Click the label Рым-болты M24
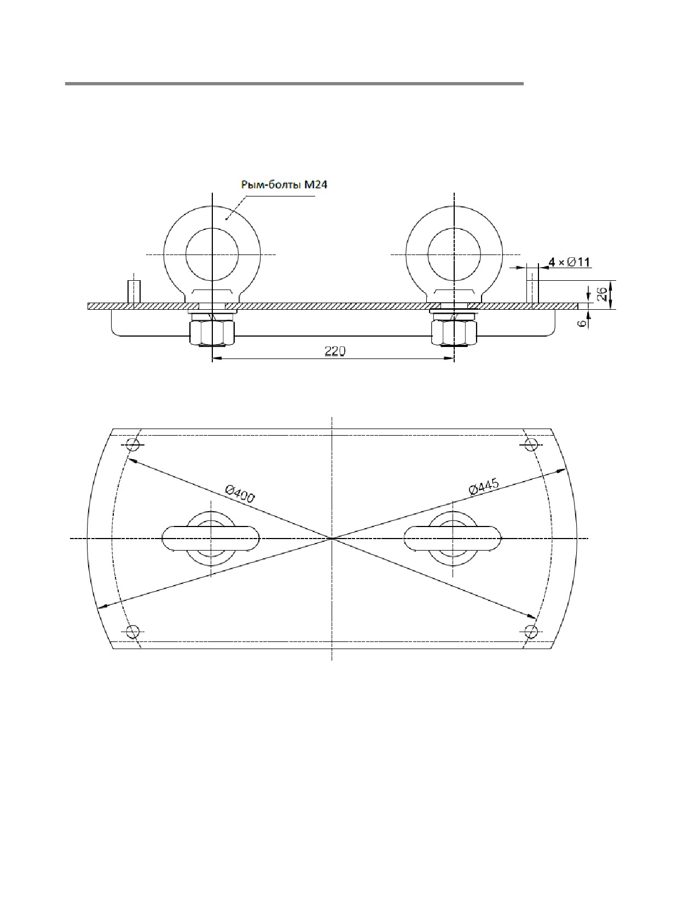[x=284, y=185]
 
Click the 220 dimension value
[x=335, y=351]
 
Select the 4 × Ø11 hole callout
[x=569, y=262]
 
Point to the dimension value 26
[x=601, y=294]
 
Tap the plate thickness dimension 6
[x=582, y=324]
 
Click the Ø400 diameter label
[x=240, y=494]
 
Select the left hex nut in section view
[x=212, y=333]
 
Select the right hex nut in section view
[x=454, y=333]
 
